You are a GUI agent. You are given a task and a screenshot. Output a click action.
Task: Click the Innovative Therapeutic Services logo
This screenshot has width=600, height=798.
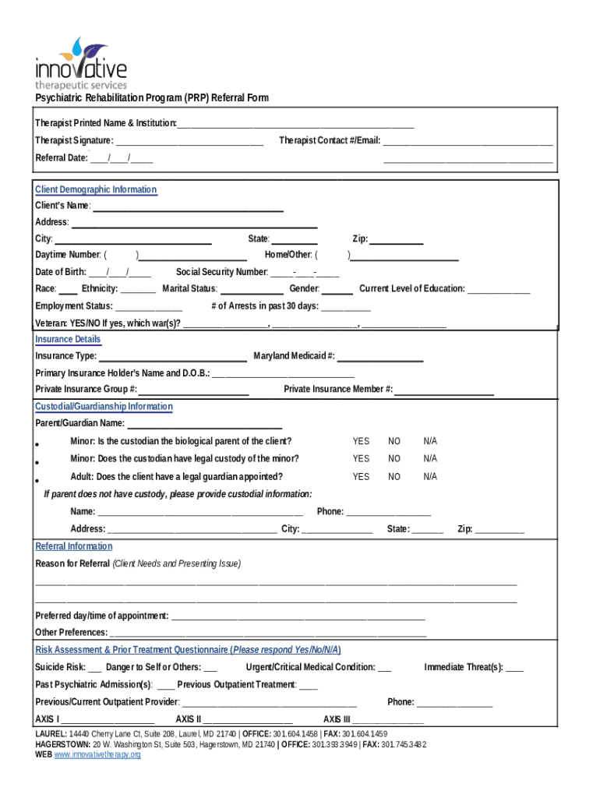pyautogui.click(x=80, y=64)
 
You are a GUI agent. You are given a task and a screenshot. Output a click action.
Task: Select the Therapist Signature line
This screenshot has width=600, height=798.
pyautogui.click(x=189, y=142)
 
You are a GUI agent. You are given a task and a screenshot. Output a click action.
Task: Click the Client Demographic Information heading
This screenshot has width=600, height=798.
pyautogui.click(x=96, y=190)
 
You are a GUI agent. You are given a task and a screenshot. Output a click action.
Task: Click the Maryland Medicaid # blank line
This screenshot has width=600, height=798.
pyautogui.click(x=380, y=357)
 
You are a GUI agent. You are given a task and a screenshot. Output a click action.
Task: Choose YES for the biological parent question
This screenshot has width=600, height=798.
pyautogui.click(x=361, y=441)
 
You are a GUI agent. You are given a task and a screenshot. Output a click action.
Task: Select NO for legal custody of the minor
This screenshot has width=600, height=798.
pyautogui.click(x=394, y=459)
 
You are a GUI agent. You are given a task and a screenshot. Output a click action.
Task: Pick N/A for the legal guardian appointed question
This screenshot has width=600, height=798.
pyautogui.click(x=430, y=477)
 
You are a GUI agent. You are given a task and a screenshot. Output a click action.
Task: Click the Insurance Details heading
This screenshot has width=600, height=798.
pyautogui.click(x=68, y=340)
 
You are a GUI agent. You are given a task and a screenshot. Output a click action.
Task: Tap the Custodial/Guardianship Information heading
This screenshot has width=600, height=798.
pyautogui.click(x=104, y=407)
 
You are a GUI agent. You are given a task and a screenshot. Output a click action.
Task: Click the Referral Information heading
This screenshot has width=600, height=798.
pyautogui.click(x=74, y=546)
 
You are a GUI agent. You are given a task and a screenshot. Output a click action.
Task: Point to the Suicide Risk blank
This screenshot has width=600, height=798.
pyautogui.click(x=94, y=668)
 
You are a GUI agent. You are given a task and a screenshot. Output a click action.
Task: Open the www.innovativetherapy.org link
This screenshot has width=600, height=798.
pyautogui.click(x=97, y=755)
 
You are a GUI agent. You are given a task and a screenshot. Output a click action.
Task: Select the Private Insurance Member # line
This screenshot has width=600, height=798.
pyautogui.click(x=444, y=390)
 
